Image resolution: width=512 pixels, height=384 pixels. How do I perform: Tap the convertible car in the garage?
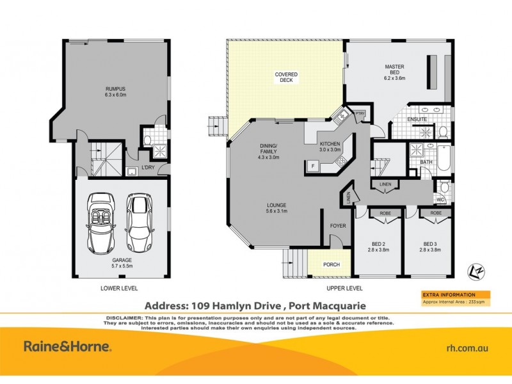(x=101, y=221)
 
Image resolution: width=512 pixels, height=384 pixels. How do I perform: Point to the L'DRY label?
(x=148, y=168)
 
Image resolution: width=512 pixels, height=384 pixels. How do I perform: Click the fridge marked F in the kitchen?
(x=312, y=166)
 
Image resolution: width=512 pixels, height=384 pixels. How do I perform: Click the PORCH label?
(x=331, y=264)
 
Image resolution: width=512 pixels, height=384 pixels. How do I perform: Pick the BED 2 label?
(x=378, y=246)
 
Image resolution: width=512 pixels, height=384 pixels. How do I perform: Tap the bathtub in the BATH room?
(x=443, y=156)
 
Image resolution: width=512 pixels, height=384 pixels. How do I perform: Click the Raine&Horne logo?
(x=68, y=347)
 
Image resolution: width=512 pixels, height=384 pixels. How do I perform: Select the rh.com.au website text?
(x=467, y=348)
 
